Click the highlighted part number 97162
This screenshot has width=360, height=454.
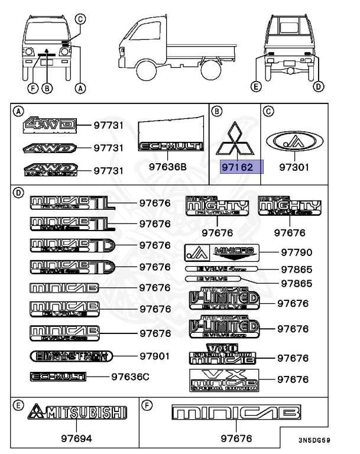(x=237, y=168)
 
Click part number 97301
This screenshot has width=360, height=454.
(x=294, y=168)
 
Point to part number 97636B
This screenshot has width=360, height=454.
(x=167, y=167)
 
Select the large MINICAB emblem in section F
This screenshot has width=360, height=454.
(x=236, y=413)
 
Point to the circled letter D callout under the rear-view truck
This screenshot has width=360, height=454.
(x=319, y=87)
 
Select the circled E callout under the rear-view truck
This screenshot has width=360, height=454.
(x=255, y=87)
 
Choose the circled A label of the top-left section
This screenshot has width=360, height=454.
(x=19, y=111)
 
